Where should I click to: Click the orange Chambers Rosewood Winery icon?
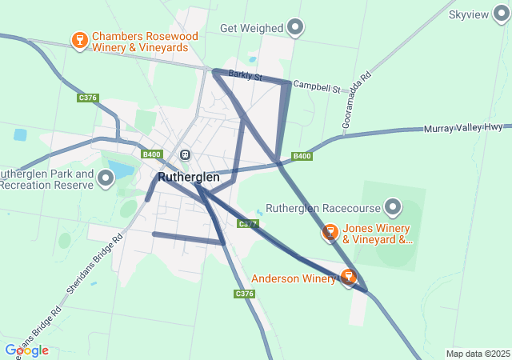tap(79, 40)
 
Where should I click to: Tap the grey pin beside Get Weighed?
tap(296, 28)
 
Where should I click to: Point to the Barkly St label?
tap(245, 75)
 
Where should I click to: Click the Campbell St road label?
tap(317, 84)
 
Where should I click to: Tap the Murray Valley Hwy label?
tap(462, 128)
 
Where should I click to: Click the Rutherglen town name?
tap(189, 177)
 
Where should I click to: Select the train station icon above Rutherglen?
tap(185, 154)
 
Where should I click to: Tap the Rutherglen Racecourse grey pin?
tap(393, 208)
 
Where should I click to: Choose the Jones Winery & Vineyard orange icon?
tap(330, 233)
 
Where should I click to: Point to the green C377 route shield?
tap(249, 223)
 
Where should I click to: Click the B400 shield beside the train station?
tap(152, 154)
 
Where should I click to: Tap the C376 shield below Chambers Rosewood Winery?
tap(88, 98)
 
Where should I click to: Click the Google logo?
tap(26, 350)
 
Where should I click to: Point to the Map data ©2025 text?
tap(478, 354)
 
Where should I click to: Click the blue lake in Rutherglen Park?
tap(121, 170)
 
